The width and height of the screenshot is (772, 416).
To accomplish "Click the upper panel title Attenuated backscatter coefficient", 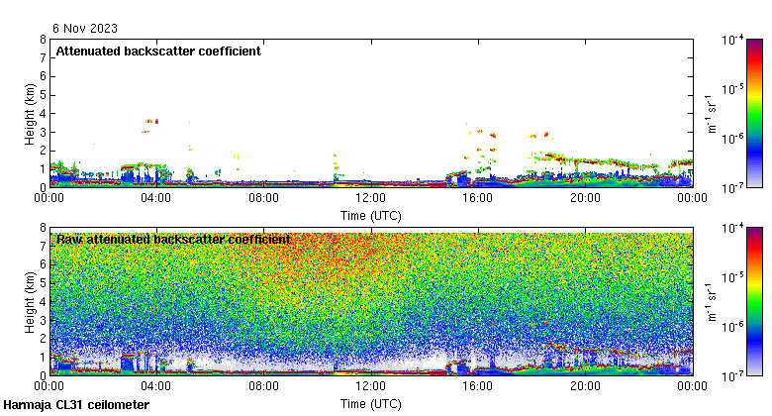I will [x=158, y=52].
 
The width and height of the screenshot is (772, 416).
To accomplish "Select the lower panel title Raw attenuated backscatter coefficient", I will [x=173, y=240].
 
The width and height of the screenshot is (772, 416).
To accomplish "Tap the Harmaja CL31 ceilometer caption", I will [x=77, y=405].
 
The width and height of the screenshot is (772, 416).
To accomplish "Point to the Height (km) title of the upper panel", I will [x=31, y=113].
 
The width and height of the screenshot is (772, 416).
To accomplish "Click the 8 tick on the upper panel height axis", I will [x=43, y=40].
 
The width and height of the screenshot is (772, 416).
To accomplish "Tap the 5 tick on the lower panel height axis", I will [x=43, y=283].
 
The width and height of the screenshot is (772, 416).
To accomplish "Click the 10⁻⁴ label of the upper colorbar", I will [x=733, y=41].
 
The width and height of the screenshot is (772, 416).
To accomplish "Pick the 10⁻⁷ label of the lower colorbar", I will [x=733, y=375].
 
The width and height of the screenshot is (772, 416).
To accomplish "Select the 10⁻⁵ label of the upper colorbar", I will [x=733, y=89].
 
